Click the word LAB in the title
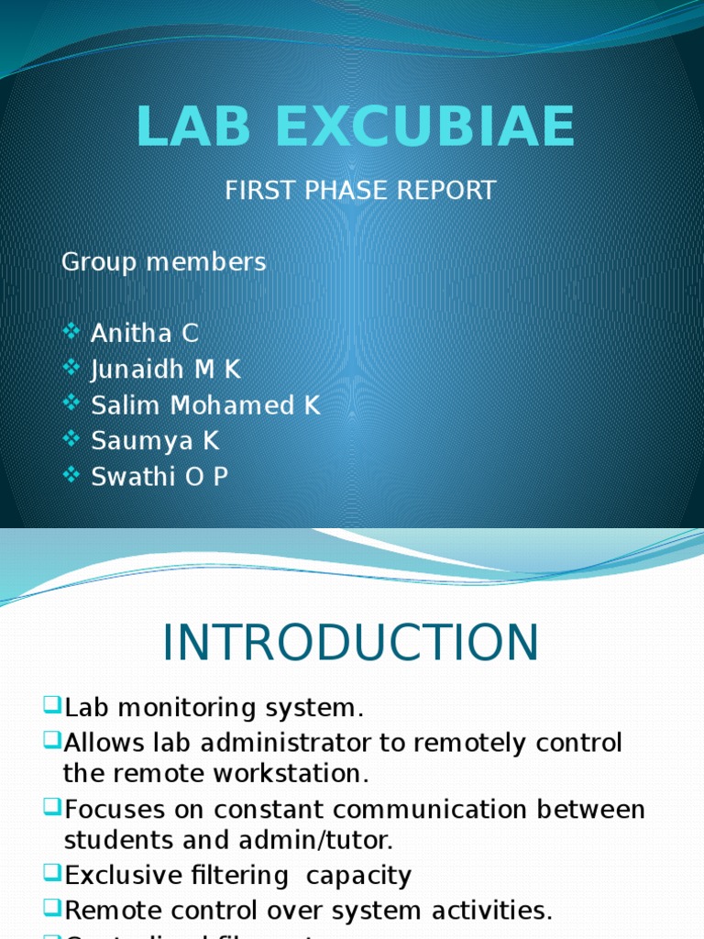tap(193, 127)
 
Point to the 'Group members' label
tap(163, 262)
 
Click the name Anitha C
tap(145, 334)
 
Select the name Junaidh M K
tap(166, 370)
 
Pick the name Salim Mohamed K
tap(206, 405)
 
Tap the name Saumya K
tap(156, 441)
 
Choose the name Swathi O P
tap(159, 477)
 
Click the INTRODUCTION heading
tap(351, 643)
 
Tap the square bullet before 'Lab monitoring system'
tap(51, 706)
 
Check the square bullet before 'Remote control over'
tap(51, 910)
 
